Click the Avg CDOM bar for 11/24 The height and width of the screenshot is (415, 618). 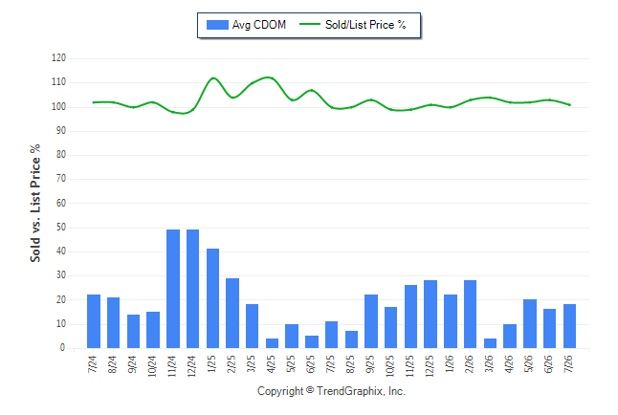(173, 289)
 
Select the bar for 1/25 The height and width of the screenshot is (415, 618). (212, 298)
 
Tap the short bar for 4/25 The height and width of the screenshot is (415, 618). (272, 343)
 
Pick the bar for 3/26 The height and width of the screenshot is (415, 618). (490, 343)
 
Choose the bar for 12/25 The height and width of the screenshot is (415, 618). (430, 314)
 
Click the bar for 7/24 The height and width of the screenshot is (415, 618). (94, 321)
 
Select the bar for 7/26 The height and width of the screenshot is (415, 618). (569, 326)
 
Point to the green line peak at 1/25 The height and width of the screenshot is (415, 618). (212, 78)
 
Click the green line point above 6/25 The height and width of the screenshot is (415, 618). (311, 90)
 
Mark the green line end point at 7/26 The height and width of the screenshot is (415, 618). (569, 105)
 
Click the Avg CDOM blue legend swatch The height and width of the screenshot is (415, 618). (217, 25)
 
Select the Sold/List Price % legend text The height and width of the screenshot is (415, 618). (365, 25)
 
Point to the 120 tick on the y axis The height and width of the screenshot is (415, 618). (58, 58)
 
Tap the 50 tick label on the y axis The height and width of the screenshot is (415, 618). (61, 227)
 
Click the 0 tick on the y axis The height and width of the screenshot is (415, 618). (63, 348)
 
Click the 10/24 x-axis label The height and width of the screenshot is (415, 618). (152, 365)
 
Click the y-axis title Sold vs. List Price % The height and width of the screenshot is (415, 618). (35, 203)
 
